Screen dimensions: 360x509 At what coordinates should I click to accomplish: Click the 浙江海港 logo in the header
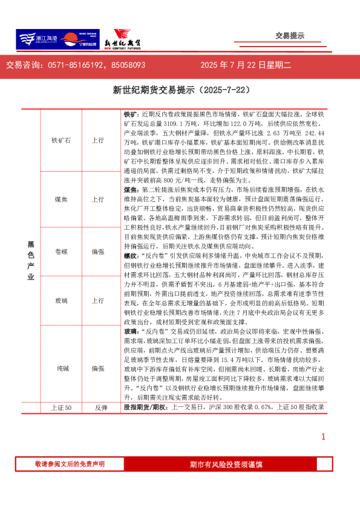pos(37,40)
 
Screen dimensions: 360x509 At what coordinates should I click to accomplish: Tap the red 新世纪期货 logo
pos(121,40)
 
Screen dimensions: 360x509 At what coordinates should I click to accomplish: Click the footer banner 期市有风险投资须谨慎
pos(226,464)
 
